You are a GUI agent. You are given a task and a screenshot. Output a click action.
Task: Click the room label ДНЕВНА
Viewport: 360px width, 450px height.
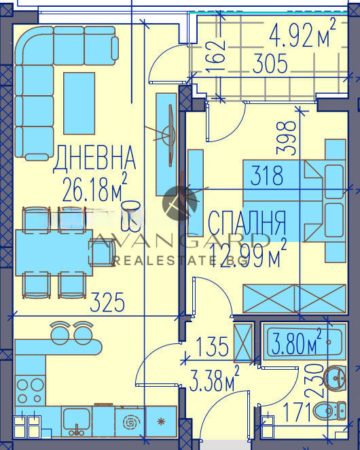(94, 158)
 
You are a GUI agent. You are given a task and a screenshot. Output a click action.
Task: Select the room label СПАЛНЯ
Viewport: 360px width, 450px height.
(247, 222)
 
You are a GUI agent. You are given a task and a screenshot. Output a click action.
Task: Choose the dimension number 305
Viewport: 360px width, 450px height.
(270, 65)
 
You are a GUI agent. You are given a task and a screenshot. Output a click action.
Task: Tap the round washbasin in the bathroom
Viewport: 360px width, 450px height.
(334, 377)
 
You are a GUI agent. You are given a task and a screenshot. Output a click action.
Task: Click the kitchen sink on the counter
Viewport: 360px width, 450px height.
(77, 422)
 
